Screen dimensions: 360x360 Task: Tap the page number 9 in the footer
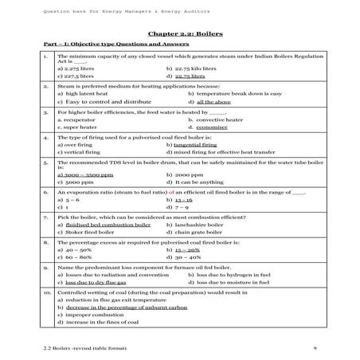tap(315, 348)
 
